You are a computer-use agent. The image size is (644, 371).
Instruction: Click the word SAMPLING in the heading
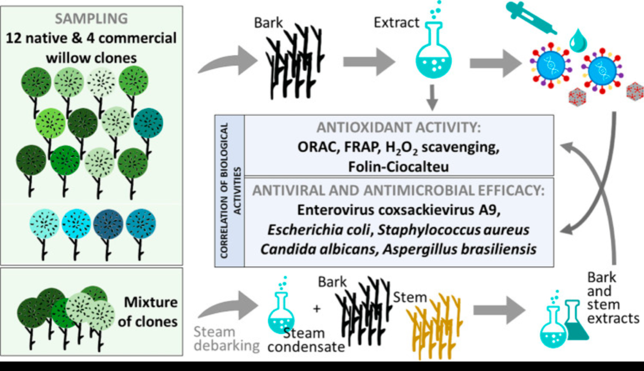click(x=91, y=19)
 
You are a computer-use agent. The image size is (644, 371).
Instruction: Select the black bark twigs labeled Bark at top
click(x=295, y=59)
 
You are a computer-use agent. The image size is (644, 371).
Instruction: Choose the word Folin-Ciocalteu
click(x=398, y=167)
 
